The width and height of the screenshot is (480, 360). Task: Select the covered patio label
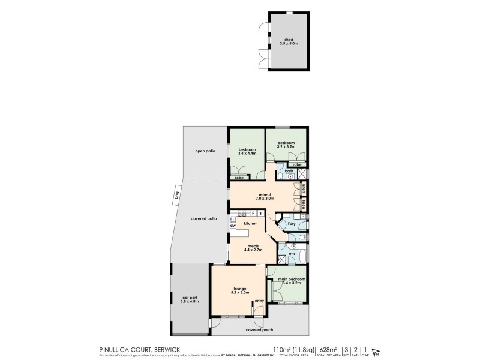pyautogui.click(x=203, y=218)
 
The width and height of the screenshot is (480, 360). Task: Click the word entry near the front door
pyautogui.click(x=259, y=301)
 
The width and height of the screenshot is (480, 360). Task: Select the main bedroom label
pyautogui.click(x=292, y=280)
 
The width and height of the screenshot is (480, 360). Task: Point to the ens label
pyautogui.click(x=292, y=253)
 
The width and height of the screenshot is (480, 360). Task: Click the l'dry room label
pyautogui.click(x=292, y=224)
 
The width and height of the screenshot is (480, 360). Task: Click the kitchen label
pyautogui.click(x=250, y=223)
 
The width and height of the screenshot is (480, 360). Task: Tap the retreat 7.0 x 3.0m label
pyautogui.click(x=265, y=196)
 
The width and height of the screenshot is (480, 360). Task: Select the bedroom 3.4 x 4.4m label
pyautogui.click(x=247, y=151)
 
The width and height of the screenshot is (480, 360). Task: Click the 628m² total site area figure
pyautogui.click(x=328, y=348)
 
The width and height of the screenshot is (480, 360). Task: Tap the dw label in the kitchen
pyautogui.click(x=233, y=226)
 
